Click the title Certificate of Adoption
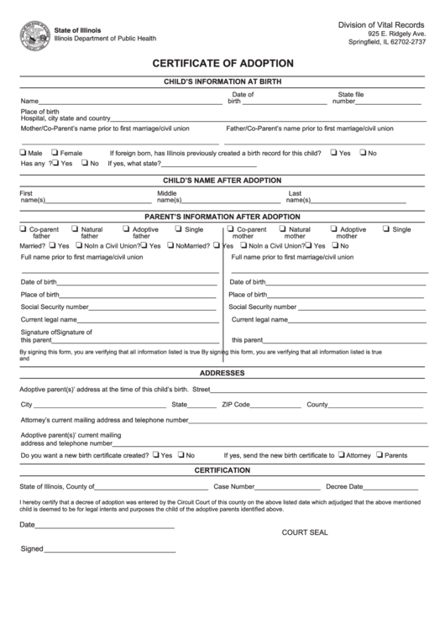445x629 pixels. point(222,63)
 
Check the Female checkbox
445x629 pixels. point(55,153)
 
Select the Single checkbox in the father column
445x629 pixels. point(179,228)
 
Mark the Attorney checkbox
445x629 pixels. point(342,454)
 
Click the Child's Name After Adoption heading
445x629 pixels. point(222,181)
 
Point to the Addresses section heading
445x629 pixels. point(222,372)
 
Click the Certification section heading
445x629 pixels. point(222,470)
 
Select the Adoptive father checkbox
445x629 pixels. point(127,228)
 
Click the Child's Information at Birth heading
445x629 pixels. point(222,81)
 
